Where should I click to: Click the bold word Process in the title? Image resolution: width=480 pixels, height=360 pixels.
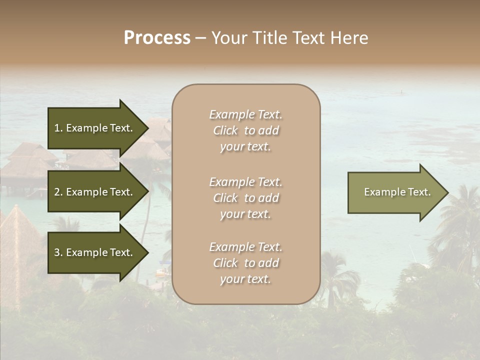tap(157, 38)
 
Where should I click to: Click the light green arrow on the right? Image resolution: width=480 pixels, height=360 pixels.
tap(395, 192)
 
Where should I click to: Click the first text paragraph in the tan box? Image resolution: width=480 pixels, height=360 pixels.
tap(245, 130)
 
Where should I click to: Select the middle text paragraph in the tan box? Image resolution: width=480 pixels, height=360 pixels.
tap(245, 198)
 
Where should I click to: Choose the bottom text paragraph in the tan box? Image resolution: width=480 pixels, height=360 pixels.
tap(245, 263)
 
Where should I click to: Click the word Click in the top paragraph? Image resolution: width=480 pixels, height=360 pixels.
tap(225, 130)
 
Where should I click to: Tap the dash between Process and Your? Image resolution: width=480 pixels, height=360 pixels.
tap(200, 38)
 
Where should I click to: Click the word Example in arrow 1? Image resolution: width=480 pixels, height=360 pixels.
tap(87, 128)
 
